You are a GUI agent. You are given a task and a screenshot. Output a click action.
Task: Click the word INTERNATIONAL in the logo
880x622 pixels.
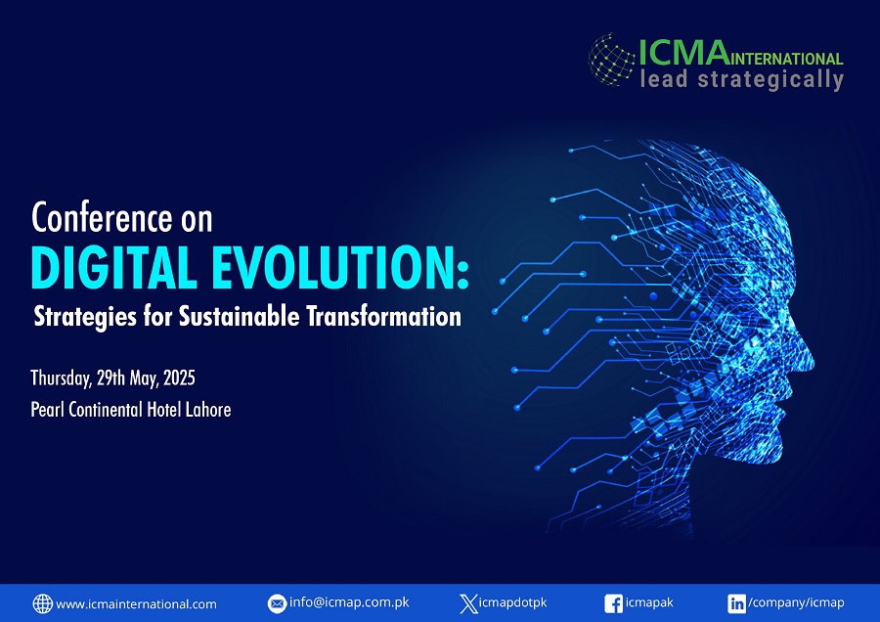pos(786,59)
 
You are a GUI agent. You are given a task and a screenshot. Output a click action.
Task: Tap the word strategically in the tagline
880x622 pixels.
pos(770,80)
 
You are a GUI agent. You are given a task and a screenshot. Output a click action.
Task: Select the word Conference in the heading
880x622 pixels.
pos(102,217)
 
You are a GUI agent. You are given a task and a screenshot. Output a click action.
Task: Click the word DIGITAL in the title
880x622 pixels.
pos(114,267)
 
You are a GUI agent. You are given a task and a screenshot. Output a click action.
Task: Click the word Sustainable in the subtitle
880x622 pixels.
pos(240,316)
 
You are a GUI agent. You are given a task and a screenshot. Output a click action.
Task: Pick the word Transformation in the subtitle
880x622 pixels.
pos(384,316)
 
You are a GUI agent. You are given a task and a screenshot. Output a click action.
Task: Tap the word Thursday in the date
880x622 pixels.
pos(61,378)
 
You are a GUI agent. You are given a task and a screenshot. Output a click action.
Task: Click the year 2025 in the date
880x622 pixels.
pos(179,378)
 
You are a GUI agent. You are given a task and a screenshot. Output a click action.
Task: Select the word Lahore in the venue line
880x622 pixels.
pos(208,409)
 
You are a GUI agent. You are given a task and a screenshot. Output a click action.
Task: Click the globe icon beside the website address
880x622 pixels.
pos(43,603)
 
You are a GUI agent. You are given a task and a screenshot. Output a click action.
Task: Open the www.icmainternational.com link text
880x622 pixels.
pos(136,604)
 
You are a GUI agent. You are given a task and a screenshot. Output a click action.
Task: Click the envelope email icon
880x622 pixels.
pos(277,603)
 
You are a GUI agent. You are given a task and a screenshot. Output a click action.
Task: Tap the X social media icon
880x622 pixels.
pos(468,603)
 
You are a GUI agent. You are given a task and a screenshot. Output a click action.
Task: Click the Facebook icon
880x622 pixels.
pos(613,603)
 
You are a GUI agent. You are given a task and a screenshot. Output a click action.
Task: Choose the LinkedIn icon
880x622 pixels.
pos(736,603)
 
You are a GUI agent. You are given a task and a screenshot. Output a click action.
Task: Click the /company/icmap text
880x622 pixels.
pos(796,602)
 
